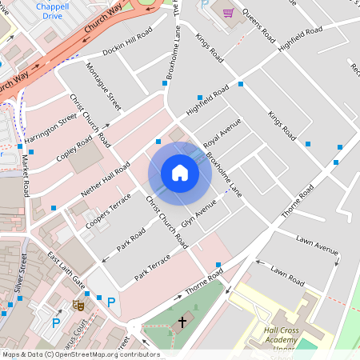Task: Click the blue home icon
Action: pos(180,173)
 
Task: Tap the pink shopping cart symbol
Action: pos(228,13)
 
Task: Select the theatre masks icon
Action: pos(78,305)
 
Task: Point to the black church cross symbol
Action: pos(182,322)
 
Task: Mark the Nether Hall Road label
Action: pos(106,178)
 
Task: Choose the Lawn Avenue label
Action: pos(318,245)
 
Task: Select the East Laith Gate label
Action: pos(66,270)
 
